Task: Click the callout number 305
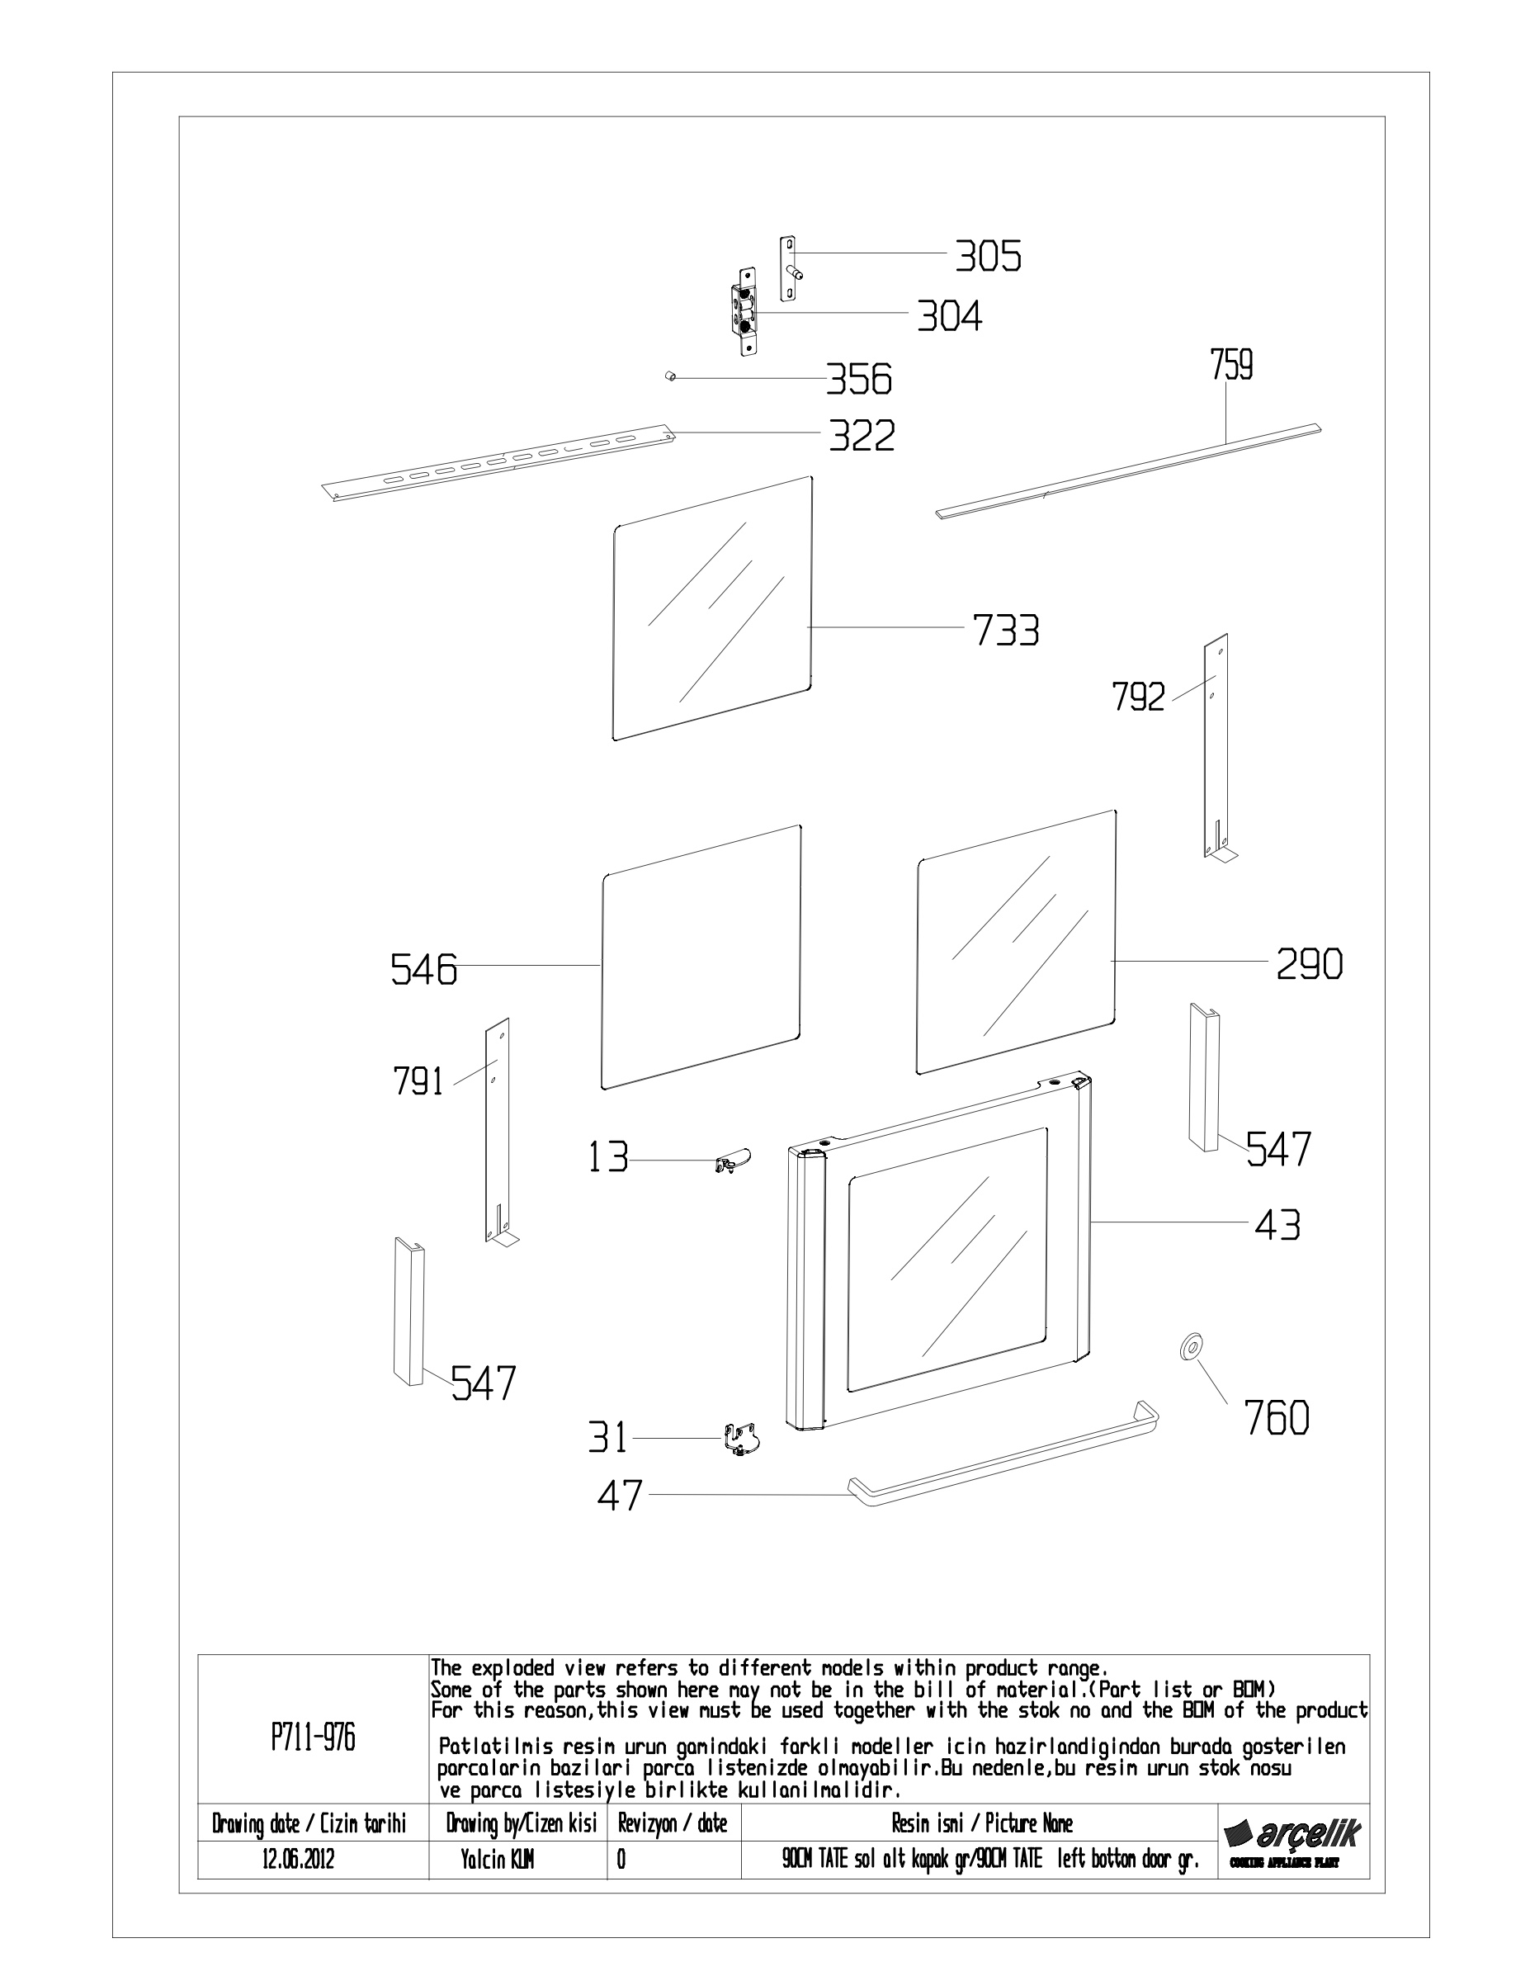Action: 988,257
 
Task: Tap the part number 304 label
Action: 950,317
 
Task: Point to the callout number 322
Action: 862,437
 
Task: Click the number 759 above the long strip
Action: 1231,366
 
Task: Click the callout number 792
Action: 1138,697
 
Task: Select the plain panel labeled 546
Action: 702,957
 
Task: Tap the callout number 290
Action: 1310,964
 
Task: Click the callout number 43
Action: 1277,1225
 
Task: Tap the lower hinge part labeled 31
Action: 741,1439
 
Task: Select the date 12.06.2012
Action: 299,1860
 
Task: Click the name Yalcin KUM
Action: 497,1860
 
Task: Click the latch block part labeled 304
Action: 744,311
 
